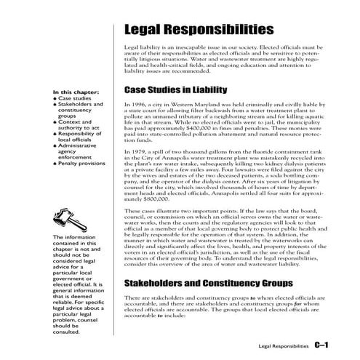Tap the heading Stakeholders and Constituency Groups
click(x=206, y=283)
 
